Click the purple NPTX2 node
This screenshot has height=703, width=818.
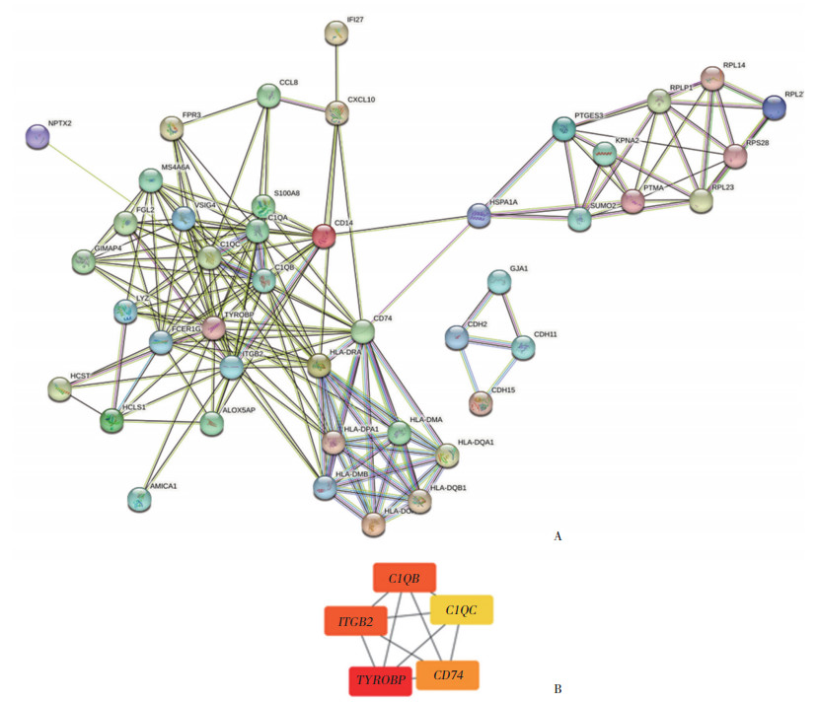pyautogui.click(x=37, y=136)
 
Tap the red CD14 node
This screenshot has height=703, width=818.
pyautogui.click(x=324, y=237)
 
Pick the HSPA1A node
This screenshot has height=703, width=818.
pyautogui.click(x=478, y=216)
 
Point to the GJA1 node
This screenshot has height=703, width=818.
pyautogui.click(x=499, y=282)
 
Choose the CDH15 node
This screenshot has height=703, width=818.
pyautogui.click(x=481, y=401)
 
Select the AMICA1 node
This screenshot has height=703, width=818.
pyautogui.click(x=140, y=499)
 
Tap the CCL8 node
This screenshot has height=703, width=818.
pyautogui.click(x=268, y=96)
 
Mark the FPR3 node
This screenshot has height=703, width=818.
pyautogui.click(x=173, y=128)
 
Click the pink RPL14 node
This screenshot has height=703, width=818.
pyautogui.click(x=711, y=78)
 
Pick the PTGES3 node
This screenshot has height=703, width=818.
pyautogui.click(x=563, y=128)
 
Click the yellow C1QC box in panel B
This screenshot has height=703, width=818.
pyautogui.click(x=461, y=610)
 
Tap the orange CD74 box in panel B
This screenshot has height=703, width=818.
pyautogui.click(x=447, y=674)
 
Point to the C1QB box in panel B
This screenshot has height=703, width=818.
pyautogui.click(x=404, y=578)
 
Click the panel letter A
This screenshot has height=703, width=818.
pyautogui.click(x=558, y=537)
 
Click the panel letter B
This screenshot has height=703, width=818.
pyautogui.click(x=558, y=688)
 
